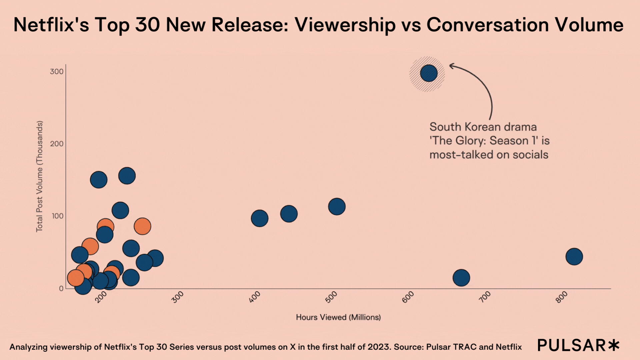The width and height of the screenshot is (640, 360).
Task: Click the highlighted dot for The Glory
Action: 429,73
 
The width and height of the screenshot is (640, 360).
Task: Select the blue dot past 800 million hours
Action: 574,257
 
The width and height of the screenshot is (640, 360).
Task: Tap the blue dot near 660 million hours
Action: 461,278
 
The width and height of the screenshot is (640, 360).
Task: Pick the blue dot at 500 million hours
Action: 337,207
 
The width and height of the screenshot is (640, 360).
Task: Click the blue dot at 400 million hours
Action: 260,218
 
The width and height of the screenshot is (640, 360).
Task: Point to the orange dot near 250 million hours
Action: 142,226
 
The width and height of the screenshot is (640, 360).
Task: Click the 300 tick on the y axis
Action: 57,72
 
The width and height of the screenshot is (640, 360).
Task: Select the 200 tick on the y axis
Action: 57,144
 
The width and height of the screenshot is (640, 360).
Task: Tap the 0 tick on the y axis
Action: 61,288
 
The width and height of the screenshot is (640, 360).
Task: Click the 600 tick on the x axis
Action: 408,297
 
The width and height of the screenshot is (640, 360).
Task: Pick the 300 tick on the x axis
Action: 177,297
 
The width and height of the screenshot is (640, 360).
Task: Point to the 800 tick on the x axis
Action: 561,297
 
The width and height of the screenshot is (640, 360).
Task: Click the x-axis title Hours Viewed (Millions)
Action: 338,317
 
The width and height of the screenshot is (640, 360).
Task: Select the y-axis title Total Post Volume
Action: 39,176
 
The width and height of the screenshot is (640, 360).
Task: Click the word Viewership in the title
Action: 345,25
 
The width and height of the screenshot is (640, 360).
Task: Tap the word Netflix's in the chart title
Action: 51,25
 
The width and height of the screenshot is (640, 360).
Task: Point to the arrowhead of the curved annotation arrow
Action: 451,66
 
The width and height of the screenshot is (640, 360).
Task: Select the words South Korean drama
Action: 483,127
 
